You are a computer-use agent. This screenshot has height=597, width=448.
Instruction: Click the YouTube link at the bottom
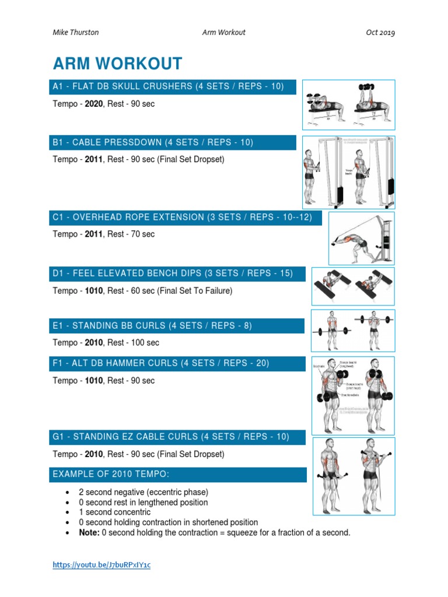tap(101, 565)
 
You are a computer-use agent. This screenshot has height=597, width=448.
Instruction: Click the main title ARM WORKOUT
tap(117, 64)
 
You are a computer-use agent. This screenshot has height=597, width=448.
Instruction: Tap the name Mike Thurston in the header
tap(75, 33)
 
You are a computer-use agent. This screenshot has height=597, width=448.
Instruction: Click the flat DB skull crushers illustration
tap(348, 104)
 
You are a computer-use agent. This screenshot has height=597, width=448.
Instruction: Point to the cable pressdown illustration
tap(348, 172)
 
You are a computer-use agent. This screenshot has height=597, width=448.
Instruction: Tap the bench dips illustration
tap(353, 286)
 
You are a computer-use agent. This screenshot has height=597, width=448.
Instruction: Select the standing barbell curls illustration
tap(353, 330)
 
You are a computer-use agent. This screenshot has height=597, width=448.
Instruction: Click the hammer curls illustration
tap(353, 394)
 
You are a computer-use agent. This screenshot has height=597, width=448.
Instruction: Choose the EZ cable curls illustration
tap(353, 476)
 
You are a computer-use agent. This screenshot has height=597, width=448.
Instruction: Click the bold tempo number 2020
tap(94, 104)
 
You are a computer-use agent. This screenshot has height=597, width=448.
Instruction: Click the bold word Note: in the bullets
tap(89, 533)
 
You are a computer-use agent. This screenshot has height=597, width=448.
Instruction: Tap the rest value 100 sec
tap(143, 343)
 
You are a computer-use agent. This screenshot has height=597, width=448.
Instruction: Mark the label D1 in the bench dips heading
tap(58, 273)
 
